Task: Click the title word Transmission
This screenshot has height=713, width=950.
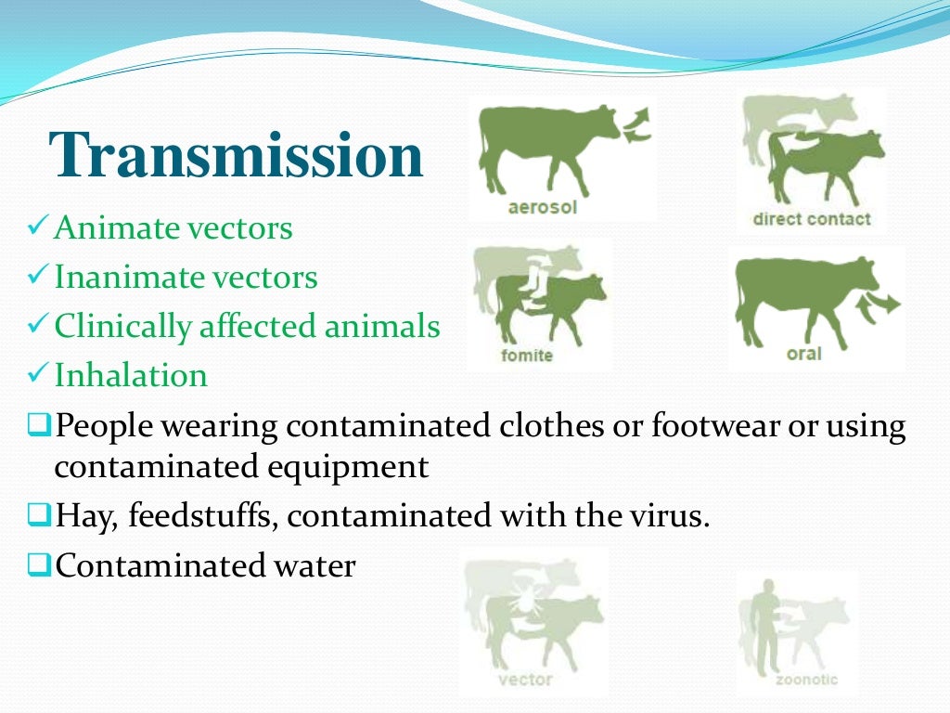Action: point(237,156)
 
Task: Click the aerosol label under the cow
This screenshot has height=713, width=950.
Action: point(542,207)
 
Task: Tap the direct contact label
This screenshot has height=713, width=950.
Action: point(811,220)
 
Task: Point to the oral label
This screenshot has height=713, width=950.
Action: point(803,354)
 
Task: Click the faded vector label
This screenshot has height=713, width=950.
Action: point(525,679)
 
